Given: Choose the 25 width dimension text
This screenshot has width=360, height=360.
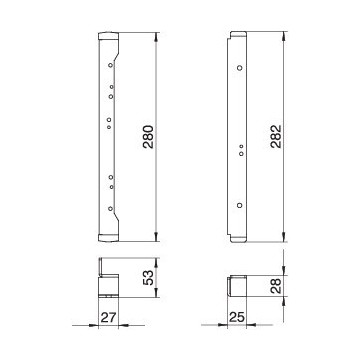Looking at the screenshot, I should click(x=237, y=319).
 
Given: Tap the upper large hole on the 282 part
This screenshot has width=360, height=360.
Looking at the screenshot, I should click(x=239, y=67).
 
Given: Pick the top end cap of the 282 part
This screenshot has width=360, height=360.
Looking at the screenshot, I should click(x=236, y=36).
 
